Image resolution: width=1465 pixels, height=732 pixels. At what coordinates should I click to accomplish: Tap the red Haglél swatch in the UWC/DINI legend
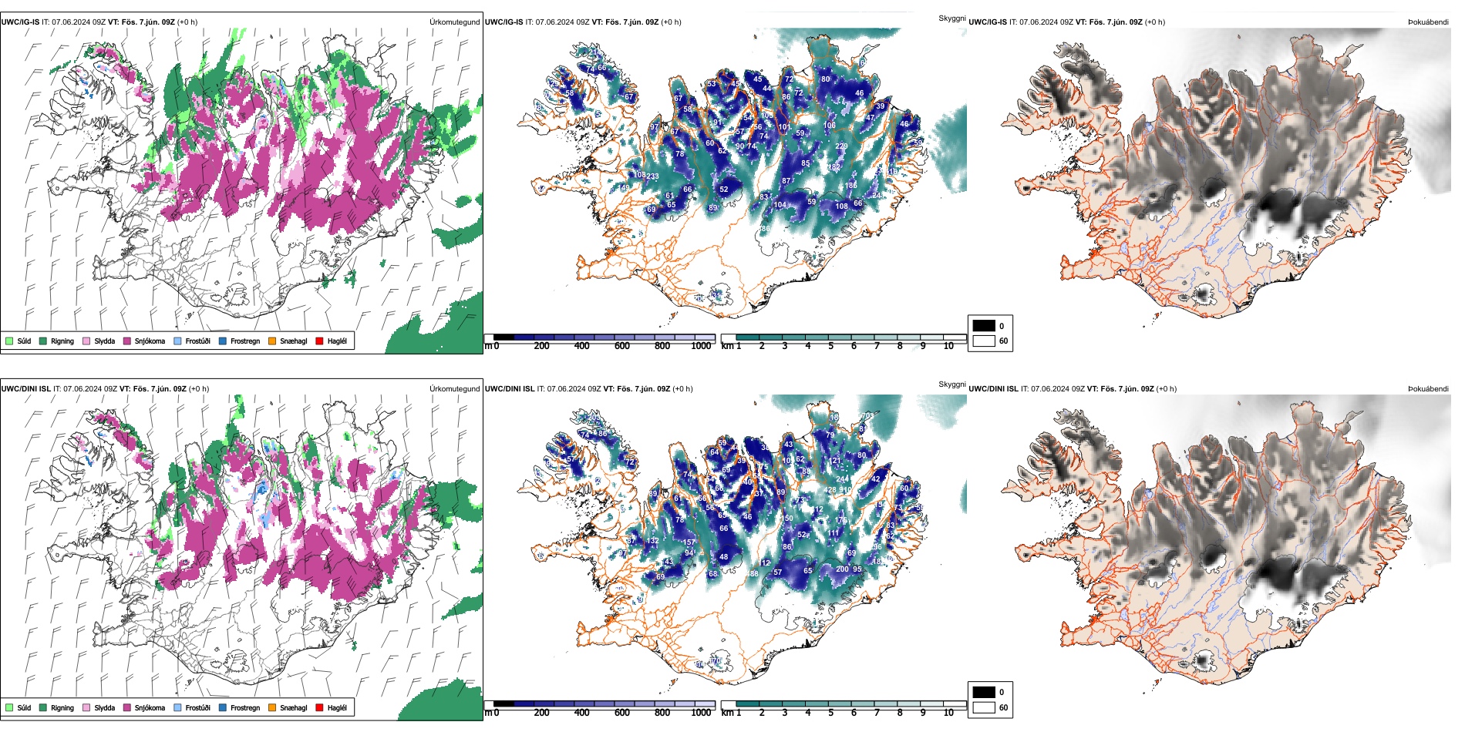(319, 707)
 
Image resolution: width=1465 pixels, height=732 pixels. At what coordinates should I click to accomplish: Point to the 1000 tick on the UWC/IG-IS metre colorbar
(701, 346)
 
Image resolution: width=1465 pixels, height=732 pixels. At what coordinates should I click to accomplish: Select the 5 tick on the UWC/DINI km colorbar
(831, 713)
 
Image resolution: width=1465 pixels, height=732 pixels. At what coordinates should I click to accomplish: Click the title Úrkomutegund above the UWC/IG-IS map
(454, 22)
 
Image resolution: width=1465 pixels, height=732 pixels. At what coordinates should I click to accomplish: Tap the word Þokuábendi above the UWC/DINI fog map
(1428, 389)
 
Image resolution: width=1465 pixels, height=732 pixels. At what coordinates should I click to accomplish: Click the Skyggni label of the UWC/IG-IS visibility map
(951, 18)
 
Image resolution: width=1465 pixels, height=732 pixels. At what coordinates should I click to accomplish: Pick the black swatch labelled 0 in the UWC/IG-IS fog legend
(984, 326)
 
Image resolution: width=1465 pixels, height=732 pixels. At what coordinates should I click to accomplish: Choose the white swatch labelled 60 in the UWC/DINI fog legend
(984, 707)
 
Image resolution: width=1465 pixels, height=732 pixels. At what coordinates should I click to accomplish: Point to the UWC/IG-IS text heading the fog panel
(988, 22)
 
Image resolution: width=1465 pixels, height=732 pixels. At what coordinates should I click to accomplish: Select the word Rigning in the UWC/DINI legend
(62, 707)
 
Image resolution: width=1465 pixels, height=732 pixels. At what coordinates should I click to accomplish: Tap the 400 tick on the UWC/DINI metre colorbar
(582, 713)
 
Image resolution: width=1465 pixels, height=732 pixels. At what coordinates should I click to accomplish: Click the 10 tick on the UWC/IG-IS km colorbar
(948, 346)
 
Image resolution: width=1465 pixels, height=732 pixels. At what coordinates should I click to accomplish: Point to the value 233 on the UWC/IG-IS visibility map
(652, 176)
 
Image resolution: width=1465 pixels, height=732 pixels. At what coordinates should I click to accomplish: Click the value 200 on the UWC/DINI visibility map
(842, 569)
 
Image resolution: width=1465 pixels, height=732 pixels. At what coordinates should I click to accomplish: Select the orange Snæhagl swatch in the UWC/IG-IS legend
(272, 341)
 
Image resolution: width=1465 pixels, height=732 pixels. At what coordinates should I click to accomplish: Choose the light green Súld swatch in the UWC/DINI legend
(9, 707)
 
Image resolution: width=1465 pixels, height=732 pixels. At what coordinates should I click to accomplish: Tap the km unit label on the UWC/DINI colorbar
(727, 713)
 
